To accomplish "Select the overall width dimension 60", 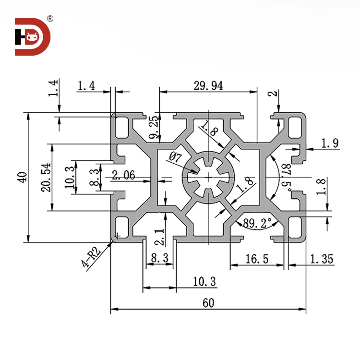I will [208, 303].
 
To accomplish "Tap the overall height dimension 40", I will [21, 178].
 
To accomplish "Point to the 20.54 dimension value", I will [46, 178].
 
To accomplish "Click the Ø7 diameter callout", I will [175, 156].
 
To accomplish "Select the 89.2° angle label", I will [257, 223].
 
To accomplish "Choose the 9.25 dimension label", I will [153, 128].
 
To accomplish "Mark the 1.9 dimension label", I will [329, 143].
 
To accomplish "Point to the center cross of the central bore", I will [209, 178].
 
